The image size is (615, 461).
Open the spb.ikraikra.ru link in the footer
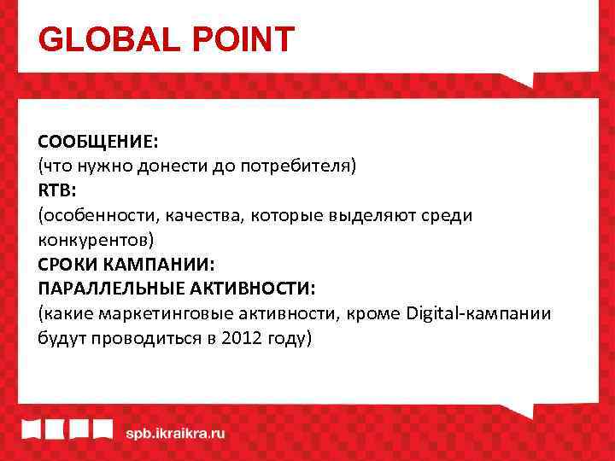175,433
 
